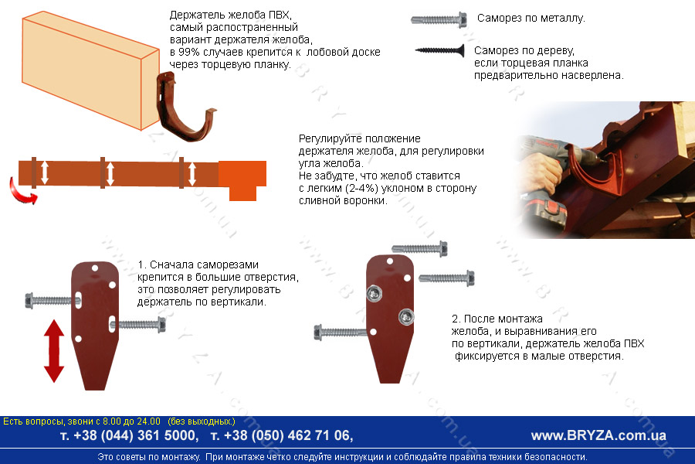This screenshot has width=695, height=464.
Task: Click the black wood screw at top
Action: [x=439, y=50]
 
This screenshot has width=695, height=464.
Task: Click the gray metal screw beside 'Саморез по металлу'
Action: [x=439, y=19]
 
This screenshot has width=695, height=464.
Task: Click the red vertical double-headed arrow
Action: [x=54, y=351]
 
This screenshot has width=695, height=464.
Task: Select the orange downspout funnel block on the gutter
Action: [x=242, y=180]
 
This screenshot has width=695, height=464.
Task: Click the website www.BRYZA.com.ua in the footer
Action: [x=598, y=435]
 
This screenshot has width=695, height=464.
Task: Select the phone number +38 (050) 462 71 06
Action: [x=282, y=435]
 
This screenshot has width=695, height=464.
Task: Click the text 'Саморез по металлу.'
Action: [x=531, y=19]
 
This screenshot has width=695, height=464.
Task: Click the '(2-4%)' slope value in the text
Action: [x=361, y=188]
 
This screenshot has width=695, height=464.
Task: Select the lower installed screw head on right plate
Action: [x=406, y=316]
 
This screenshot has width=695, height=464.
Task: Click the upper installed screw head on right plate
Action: [x=374, y=293]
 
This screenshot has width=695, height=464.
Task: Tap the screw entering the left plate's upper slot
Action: [x=53, y=301]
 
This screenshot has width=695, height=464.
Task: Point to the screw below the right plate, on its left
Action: [x=340, y=332]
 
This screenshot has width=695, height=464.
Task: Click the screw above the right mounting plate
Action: [x=419, y=249]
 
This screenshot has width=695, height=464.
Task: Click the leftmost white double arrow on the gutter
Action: [x=44, y=172]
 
